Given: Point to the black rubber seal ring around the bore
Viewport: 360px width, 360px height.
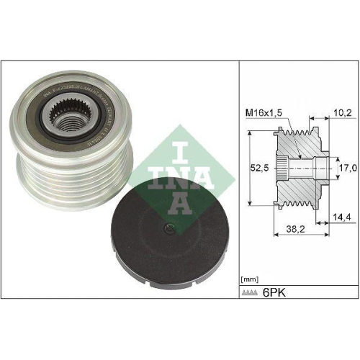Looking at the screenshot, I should coord(101,122).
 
